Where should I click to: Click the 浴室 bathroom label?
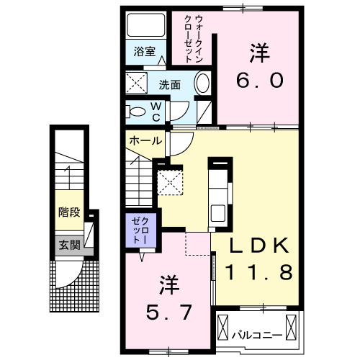coord(145,51)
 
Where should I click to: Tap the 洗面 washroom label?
coord(170,84)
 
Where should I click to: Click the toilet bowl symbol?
coord(136,112)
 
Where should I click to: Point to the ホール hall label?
coord(145,141)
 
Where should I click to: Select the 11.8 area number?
coord(260,273)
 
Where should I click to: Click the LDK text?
coord(260,246)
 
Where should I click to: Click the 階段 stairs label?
coord(69,213)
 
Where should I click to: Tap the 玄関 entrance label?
coord(68,243)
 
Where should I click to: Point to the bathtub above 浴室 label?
coord(145,27)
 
